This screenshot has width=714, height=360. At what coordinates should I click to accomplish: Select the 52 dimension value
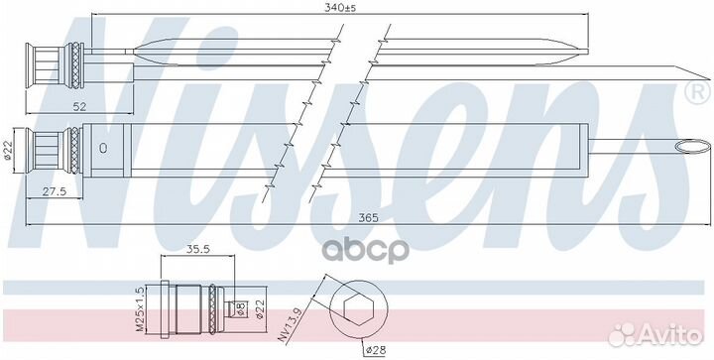coord(79,106)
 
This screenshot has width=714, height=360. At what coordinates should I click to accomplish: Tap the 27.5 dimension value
coord(55,191)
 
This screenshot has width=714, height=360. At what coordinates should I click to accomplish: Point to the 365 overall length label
coord(368,217)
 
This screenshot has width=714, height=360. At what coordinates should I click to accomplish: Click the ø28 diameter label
coord(375,350)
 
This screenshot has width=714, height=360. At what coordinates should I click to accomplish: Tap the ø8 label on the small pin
coord(241,308)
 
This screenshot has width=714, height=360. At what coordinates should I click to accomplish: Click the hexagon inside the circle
coord(358,309)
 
